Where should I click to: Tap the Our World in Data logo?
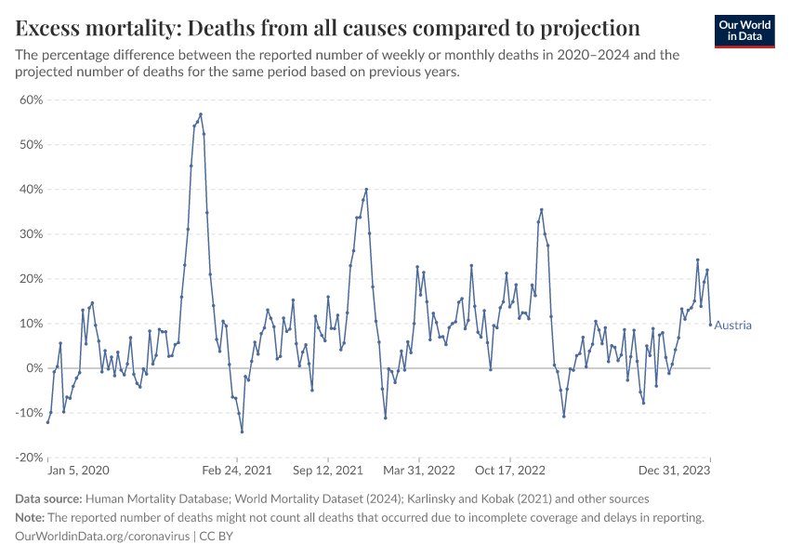pos(744,31)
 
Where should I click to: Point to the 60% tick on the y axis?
pos(32,100)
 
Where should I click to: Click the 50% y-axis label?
pos(32,144)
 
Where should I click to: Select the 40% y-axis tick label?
pos(32,189)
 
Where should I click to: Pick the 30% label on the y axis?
pos(32,233)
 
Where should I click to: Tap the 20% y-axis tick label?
pos(32,279)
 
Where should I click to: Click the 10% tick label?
pos(32,324)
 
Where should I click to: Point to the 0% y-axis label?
pos(35,368)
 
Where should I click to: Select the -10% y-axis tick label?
pos(30,413)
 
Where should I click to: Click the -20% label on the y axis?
pos(30,458)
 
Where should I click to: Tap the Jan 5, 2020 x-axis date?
pos(79,472)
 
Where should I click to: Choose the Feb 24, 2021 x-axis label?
pos(238,472)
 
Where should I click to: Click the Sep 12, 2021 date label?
pos(328,472)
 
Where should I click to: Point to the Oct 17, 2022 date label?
pos(511,472)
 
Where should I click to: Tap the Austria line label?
pos(732,325)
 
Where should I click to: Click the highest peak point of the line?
pos(201,114)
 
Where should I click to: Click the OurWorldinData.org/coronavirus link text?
pos(103,537)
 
